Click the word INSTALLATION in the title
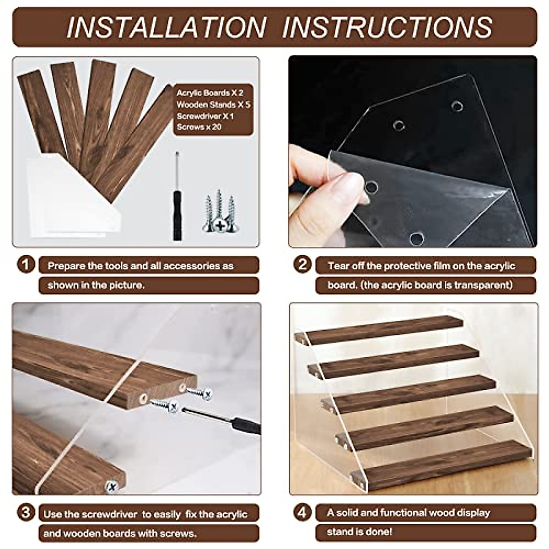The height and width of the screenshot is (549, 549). [167, 27]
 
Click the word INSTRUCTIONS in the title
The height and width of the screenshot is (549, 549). [387, 27]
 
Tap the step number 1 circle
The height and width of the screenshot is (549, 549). [26, 265]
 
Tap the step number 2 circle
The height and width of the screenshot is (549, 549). [302, 265]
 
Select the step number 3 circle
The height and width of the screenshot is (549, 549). [26, 513]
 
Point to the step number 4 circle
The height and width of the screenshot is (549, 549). [302, 513]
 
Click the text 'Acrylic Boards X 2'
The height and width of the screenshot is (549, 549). [210, 93]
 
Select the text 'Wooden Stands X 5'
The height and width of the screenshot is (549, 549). [213, 105]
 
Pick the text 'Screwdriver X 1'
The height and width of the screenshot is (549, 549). [205, 116]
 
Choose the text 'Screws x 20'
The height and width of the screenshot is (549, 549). [199, 127]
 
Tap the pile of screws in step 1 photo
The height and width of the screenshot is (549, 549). [221, 211]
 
